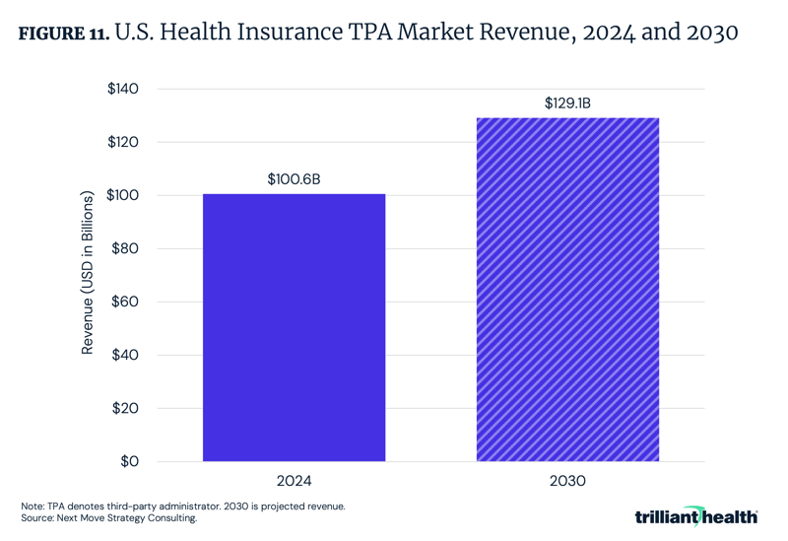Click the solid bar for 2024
pos(294,327)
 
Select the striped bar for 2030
pos(567,290)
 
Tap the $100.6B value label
pos(294,180)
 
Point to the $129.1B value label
pos(567,102)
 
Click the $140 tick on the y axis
pos(122,89)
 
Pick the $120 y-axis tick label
pos(122,142)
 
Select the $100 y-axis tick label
pos(122,195)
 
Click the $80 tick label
pos(125,248)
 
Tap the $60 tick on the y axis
pos(125,302)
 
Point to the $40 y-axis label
pos(125,355)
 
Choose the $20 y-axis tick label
pos(125,408)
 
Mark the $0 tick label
pos(129,461)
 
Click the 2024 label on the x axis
pos(294,482)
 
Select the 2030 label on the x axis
pos(567,482)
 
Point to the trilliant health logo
pos(696,515)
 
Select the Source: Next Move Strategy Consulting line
pos(108,518)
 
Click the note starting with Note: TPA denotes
pos(182,506)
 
